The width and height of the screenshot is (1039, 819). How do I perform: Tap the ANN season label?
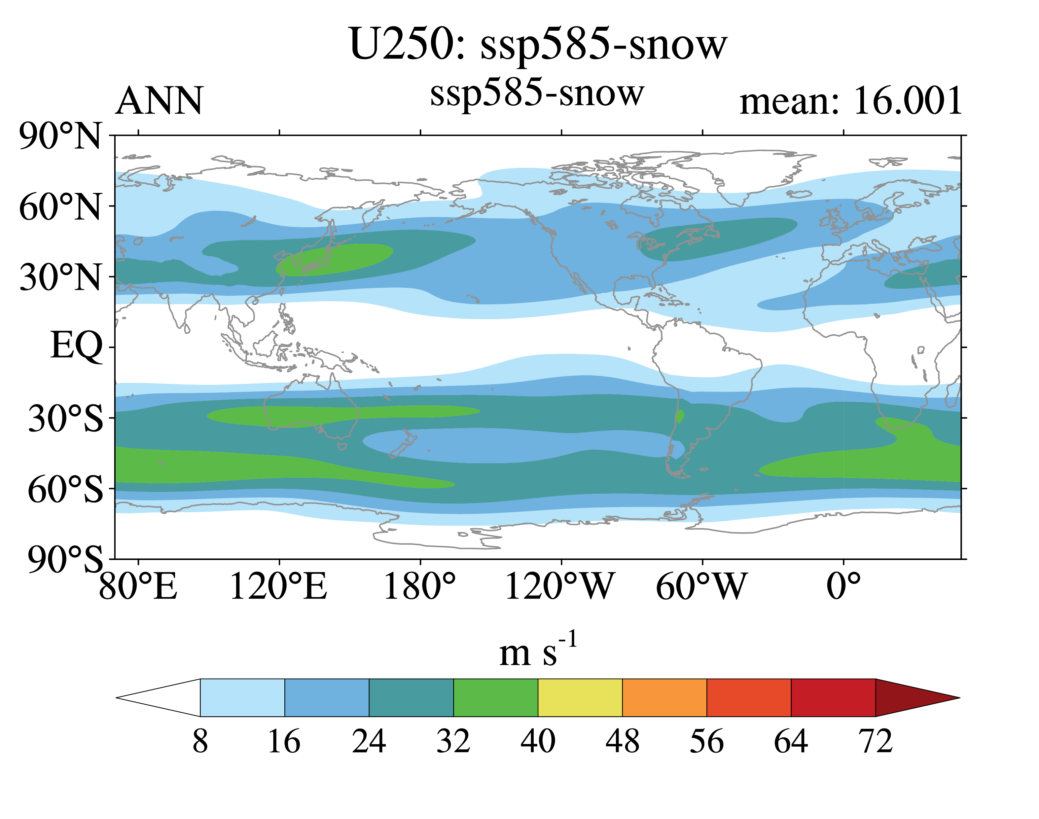tap(160, 101)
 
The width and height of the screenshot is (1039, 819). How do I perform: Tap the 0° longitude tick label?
tap(844, 586)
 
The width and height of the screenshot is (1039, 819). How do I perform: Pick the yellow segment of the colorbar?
tap(580, 698)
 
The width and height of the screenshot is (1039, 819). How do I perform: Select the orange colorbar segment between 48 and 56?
tap(665, 698)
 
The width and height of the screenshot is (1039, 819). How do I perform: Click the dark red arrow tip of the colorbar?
tap(960, 698)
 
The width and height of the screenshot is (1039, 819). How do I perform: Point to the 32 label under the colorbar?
tap(453, 741)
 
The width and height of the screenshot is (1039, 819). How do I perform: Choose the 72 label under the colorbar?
tap(876, 741)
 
